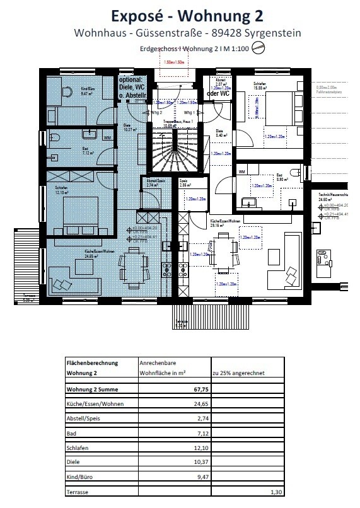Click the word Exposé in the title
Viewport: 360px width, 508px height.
click(132, 14)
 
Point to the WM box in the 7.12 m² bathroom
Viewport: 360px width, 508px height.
click(107, 137)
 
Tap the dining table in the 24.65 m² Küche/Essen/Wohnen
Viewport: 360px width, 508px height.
click(134, 260)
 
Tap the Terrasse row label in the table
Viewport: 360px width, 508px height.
click(79, 492)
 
